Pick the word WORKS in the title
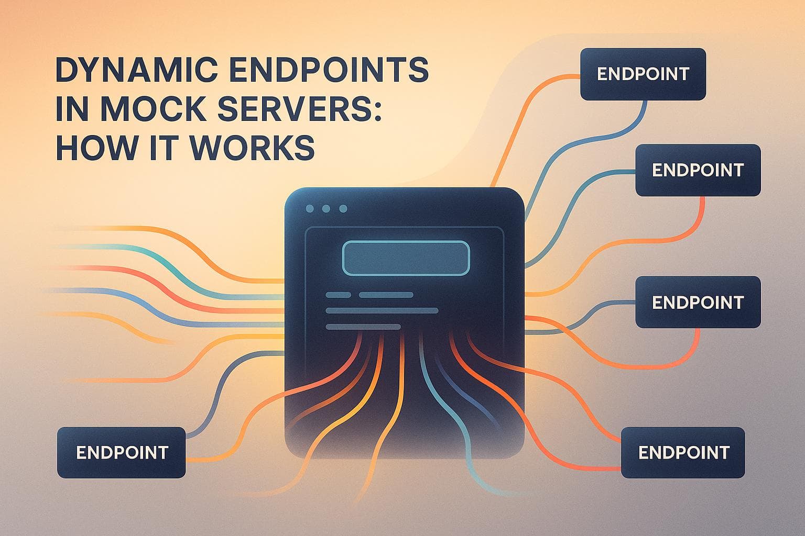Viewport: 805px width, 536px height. (255, 148)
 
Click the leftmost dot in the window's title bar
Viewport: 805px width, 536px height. (310, 209)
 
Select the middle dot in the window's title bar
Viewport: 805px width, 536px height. (327, 209)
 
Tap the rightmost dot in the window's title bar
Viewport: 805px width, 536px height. (343, 209)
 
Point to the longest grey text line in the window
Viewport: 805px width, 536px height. (382, 311)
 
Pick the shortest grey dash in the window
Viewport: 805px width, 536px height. (338, 295)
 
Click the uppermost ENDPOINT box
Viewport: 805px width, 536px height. (643, 74)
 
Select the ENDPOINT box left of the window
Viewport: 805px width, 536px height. (121, 452)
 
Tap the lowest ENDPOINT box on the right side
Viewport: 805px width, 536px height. (683, 452)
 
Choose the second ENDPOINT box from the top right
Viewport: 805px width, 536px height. (698, 170)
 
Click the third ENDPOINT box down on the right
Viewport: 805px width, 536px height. (698, 302)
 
